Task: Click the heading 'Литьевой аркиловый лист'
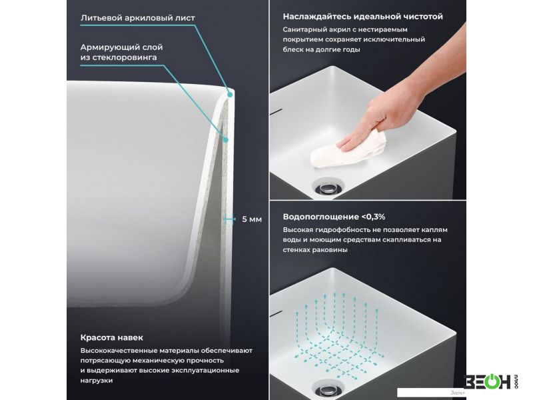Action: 138,18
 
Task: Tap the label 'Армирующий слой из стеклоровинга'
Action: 121,52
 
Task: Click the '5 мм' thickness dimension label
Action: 252,219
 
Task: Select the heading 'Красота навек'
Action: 111,337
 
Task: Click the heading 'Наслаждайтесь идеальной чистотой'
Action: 362,16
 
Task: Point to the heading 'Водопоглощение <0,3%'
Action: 334,217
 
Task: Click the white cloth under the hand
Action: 348,151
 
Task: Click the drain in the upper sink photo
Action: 328,188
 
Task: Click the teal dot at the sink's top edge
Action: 230,95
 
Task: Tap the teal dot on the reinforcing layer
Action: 225,139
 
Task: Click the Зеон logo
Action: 490,381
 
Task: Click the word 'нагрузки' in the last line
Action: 96,381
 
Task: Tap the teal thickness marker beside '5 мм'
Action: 229,219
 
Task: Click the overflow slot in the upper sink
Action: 276,111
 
